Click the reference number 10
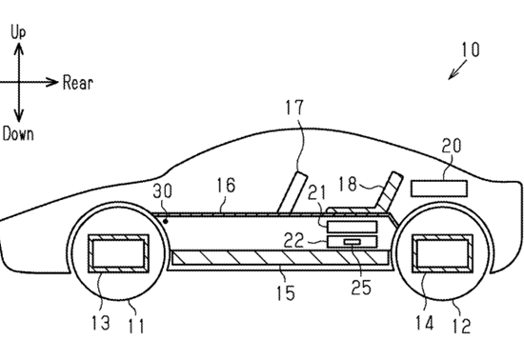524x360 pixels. [x=471, y=50]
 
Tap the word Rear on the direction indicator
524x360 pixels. [x=78, y=83]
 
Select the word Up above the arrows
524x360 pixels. [x=18, y=32]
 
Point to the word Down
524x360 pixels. [x=18, y=134]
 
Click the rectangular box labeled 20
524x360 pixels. [x=439, y=189]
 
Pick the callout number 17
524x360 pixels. [x=294, y=108]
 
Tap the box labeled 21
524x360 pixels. [x=352, y=227]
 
